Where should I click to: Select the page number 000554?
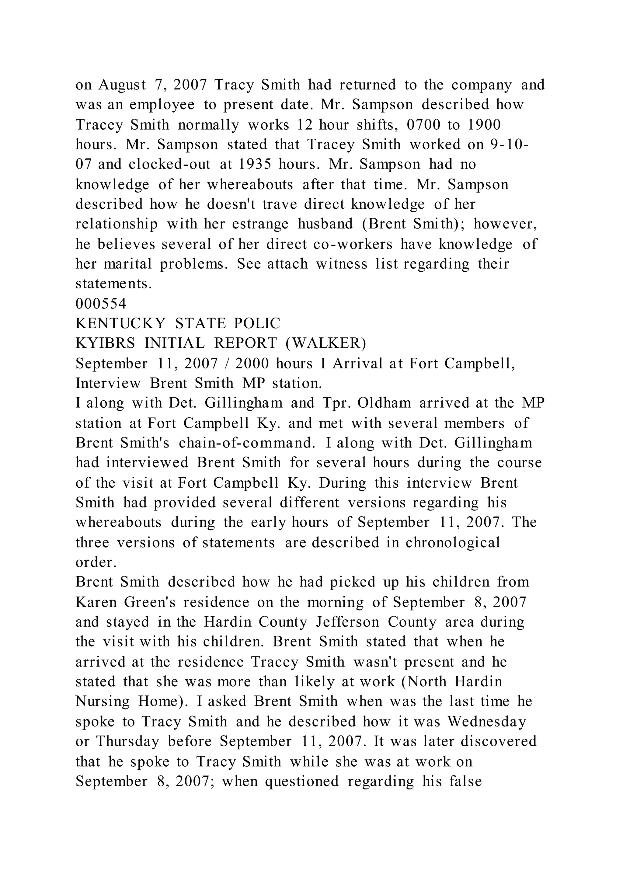[101, 304]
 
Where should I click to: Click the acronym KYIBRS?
[105, 343]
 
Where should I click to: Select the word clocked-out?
[169, 164]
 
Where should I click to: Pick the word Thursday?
[127, 741]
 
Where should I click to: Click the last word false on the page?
[465, 781]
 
